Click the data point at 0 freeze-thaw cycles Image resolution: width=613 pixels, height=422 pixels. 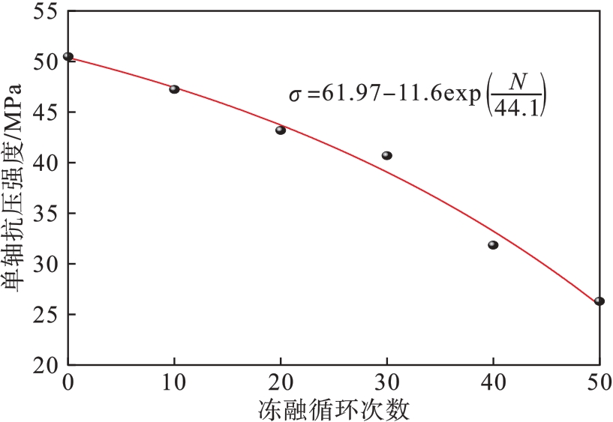(x=68, y=56)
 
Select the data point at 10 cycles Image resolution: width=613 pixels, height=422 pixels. (x=174, y=88)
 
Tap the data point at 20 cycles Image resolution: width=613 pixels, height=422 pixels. (x=281, y=130)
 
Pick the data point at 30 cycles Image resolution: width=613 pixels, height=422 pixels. (x=387, y=155)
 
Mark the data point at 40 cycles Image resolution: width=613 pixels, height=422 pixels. (x=493, y=245)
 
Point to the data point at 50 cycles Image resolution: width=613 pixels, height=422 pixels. (x=599, y=301)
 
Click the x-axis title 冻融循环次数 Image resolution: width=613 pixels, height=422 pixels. (x=335, y=409)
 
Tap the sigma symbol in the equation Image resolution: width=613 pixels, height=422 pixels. (x=295, y=96)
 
